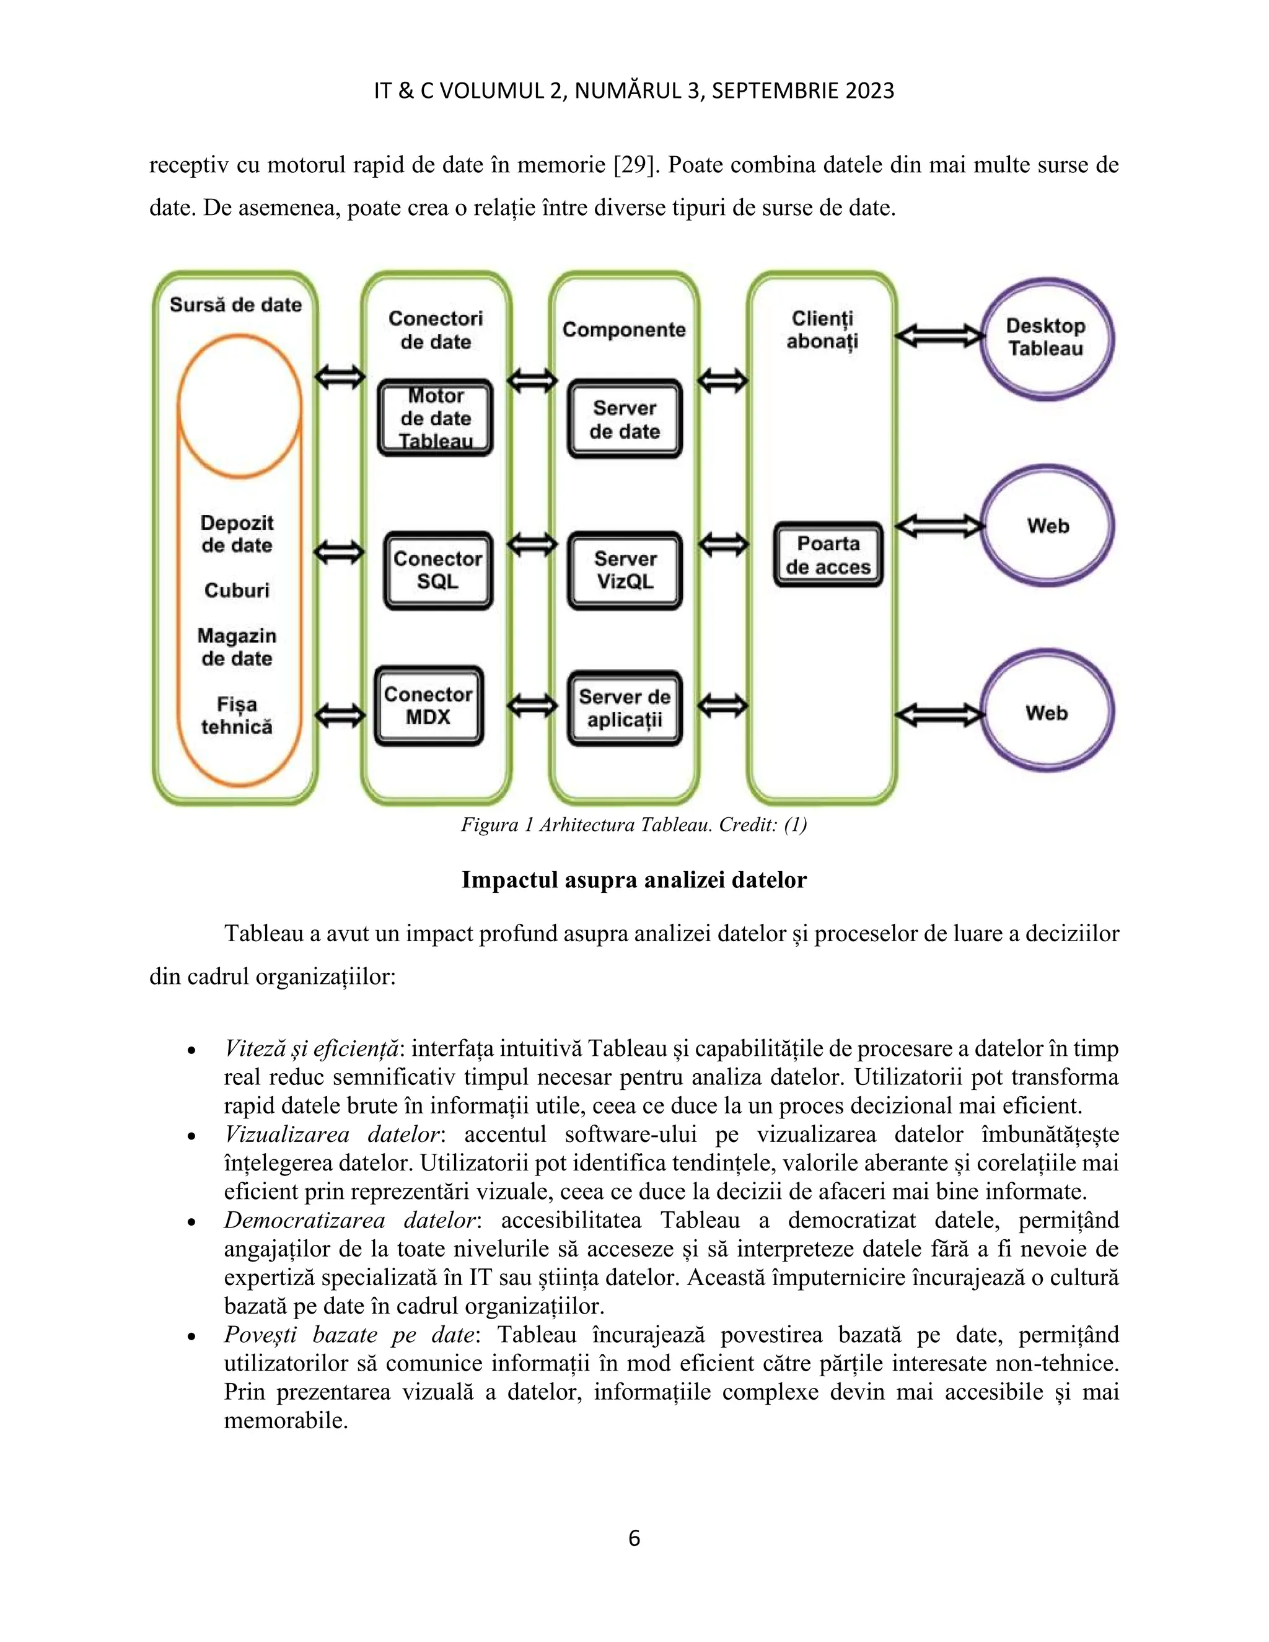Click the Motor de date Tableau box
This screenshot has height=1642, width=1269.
pos(435,418)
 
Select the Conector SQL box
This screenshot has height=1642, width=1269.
pos(437,570)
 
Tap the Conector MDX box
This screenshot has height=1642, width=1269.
pos(429,705)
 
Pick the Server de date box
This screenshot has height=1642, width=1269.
pos(625,419)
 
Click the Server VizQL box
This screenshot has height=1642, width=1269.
pos(625,570)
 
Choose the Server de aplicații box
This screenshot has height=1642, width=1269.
pos(625,708)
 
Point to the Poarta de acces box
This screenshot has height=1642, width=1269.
pos(828,555)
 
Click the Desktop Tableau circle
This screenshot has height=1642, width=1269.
pos(1046,338)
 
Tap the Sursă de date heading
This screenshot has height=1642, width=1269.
pos(235,304)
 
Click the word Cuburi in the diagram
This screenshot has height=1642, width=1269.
pos(237,590)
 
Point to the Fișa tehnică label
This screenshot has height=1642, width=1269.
pos(237,715)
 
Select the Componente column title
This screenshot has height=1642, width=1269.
pos(624,329)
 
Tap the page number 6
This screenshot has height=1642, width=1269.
pos(634,1539)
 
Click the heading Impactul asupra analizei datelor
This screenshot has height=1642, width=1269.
pos(634,880)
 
